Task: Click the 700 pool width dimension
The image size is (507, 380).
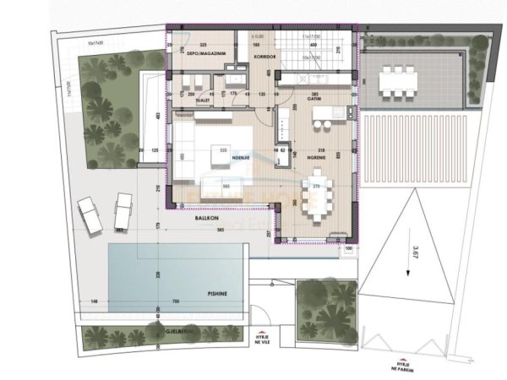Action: (x=176, y=301)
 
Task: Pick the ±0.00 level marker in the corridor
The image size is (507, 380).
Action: (x=259, y=36)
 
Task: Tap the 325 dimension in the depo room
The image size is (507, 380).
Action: (x=203, y=44)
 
